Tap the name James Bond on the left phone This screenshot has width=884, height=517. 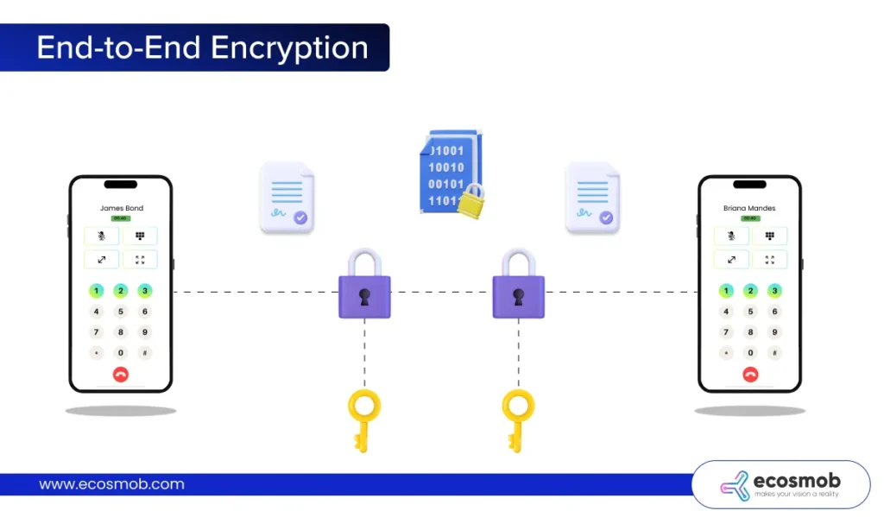click(x=121, y=208)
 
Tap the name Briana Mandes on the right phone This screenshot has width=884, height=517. click(x=749, y=208)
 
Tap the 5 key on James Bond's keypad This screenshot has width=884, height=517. click(x=121, y=312)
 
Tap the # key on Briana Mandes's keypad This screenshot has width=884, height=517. click(x=774, y=353)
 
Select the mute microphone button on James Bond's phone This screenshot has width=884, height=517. click(x=102, y=236)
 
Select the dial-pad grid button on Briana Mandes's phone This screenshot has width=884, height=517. click(x=769, y=236)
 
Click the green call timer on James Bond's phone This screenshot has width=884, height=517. click(x=121, y=218)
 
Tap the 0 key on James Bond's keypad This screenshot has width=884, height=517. click(x=121, y=353)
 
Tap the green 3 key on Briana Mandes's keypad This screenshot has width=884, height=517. click(x=774, y=291)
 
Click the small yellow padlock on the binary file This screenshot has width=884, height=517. click(x=470, y=203)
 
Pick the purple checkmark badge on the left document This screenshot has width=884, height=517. click(x=300, y=218)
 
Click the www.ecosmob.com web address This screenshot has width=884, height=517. click(x=111, y=484)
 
